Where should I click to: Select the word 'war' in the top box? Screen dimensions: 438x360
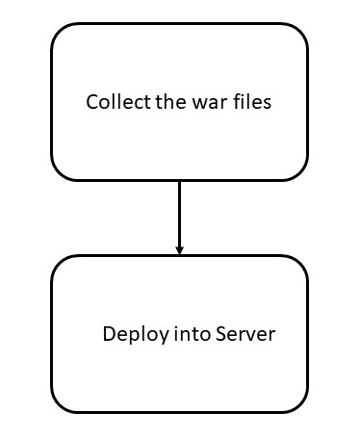(x=205, y=101)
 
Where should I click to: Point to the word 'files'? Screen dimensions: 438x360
(x=249, y=101)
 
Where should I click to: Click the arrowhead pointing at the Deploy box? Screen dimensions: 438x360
(x=179, y=250)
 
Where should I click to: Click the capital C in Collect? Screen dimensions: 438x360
(x=92, y=101)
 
